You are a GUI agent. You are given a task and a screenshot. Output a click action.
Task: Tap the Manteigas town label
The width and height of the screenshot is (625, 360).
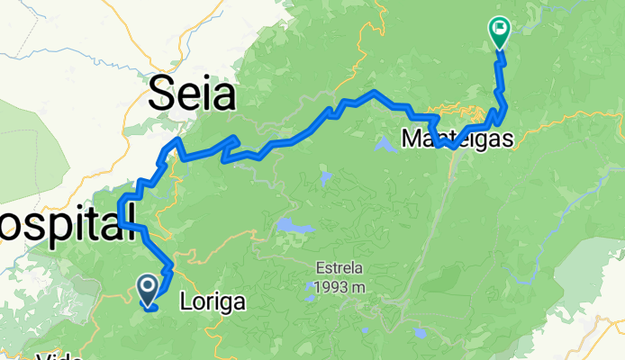pyautogui.click(x=457, y=140)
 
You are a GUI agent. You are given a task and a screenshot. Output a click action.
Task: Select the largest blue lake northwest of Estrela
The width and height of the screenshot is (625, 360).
pyautogui.click(x=285, y=224)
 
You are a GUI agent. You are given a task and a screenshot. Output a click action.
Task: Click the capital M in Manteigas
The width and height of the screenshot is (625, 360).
pyautogui.click(x=410, y=140)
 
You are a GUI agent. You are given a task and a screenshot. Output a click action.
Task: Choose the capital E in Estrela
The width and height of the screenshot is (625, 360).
pyautogui.click(x=320, y=268)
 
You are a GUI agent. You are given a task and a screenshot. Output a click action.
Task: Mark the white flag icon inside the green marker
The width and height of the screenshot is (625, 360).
pyautogui.click(x=498, y=29)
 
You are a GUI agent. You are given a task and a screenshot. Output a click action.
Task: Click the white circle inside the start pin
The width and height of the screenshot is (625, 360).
pyautogui.click(x=148, y=286)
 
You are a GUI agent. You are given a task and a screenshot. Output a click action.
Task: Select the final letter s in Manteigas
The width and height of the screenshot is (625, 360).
pyautogui.click(x=508, y=140)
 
